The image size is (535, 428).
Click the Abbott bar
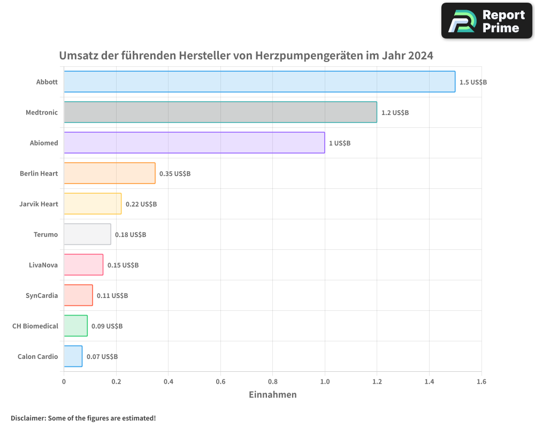[x=259, y=82]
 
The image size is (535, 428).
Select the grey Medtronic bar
[x=220, y=112]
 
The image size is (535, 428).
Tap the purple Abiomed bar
[x=194, y=143]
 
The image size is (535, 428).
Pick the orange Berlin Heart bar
[x=110, y=173]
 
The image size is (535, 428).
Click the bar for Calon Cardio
[x=73, y=356]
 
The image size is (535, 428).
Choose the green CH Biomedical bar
[x=75, y=326]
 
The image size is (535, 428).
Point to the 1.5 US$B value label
[x=473, y=82]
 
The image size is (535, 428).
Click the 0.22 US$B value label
[x=141, y=204]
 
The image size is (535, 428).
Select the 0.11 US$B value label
[x=112, y=296]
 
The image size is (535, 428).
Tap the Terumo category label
[x=45, y=234]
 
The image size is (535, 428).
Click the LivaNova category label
[x=43, y=265]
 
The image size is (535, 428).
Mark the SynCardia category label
[x=42, y=295]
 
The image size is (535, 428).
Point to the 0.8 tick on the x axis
[x=272, y=381]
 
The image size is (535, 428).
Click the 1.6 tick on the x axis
[x=481, y=381]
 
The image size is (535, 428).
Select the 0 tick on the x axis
[x=64, y=381]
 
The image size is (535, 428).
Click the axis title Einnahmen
[x=272, y=395]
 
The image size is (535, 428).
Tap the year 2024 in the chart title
[x=421, y=56]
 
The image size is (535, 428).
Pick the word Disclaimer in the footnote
[x=28, y=418]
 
